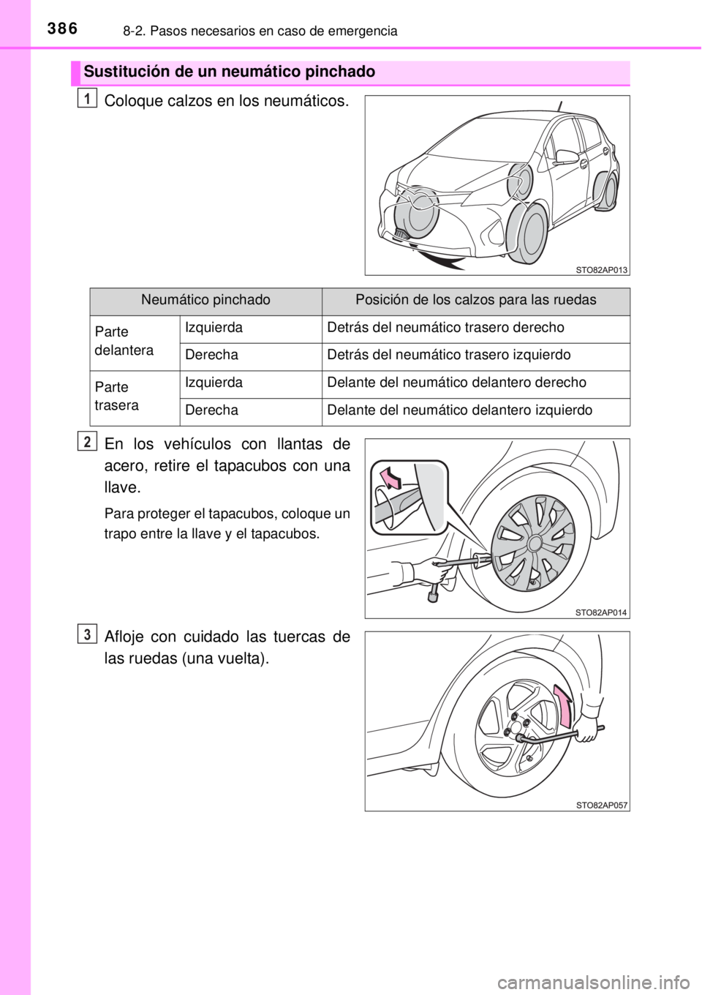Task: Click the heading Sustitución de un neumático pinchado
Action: [x=230, y=72]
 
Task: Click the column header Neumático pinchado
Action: [x=205, y=301]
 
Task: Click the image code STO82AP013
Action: [x=601, y=269]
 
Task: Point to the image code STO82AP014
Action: [x=601, y=611]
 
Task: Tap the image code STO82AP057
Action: [x=601, y=804]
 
